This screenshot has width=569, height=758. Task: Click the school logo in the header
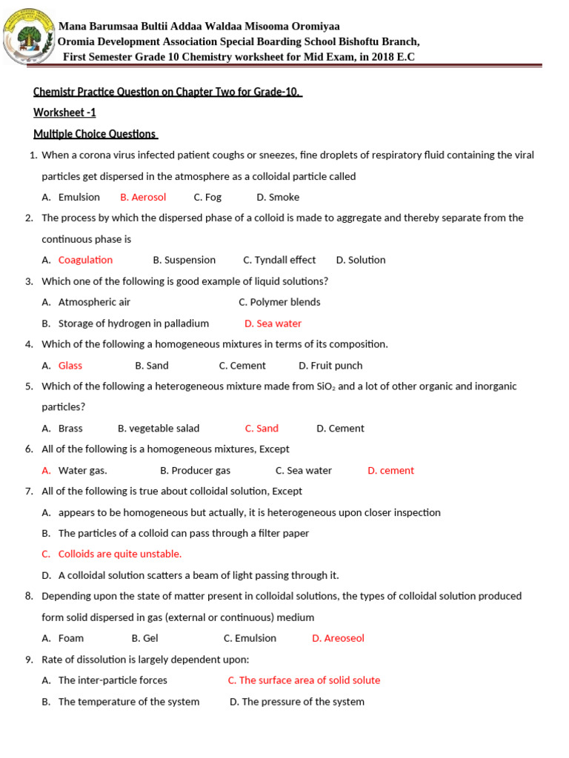pyautogui.click(x=30, y=35)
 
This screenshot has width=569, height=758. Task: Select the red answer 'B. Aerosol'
pyautogui.click(x=143, y=197)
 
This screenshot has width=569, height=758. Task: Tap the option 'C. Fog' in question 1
pyautogui.click(x=207, y=197)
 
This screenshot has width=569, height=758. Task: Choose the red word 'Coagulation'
pyautogui.click(x=85, y=260)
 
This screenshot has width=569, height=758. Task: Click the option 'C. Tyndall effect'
pyautogui.click(x=279, y=260)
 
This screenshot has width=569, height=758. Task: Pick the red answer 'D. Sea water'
pyautogui.click(x=273, y=323)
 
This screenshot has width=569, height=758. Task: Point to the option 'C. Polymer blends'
pyautogui.click(x=279, y=302)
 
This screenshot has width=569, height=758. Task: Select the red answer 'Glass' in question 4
pyautogui.click(x=70, y=366)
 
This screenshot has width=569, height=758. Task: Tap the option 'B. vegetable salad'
pyautogui.click(x=159, y=429)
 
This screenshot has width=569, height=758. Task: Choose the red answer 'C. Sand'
pyautogui.click(x=262, y=429)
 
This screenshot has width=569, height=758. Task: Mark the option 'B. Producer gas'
pyautogui.click(x=195, y=471)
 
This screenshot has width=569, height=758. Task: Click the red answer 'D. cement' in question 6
pyautogui.click(x=390, y=471)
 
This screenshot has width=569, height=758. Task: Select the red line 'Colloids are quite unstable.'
pyautogui.click(x=119, y=554)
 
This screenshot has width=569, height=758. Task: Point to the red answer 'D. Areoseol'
pyautogui.click(x=338, y=638)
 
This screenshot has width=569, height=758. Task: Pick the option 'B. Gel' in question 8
pyautogui.click(x=144, y=638)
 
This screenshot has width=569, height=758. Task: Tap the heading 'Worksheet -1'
pyautogui.click(x=64, y=113)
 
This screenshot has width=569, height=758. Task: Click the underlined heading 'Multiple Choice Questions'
pyautogui.click(x=95, y=134)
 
